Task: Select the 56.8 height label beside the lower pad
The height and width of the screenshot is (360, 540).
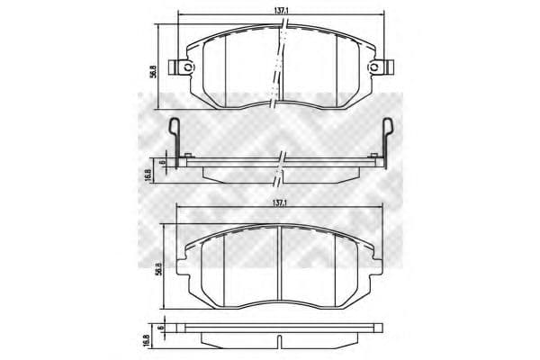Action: (x=158, y=268)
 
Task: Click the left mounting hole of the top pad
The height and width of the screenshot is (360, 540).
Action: (x=187, y=68)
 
